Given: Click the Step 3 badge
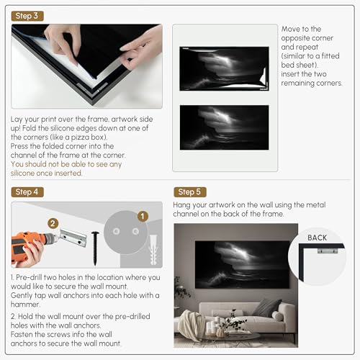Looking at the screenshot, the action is pos(27,16).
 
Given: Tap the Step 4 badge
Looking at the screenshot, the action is pos(27,192).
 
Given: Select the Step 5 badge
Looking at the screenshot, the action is pos(190,192).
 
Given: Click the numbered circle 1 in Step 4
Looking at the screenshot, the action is pos(143,216).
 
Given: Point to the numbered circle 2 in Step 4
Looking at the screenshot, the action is pos(53,223).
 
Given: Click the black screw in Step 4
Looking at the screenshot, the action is pos(95,248).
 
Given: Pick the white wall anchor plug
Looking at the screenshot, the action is pos(153,250).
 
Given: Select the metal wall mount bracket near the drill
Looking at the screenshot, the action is pos(73,238).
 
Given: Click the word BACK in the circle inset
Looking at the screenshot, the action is pos(318,238).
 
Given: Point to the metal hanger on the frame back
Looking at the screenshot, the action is pos(328,251).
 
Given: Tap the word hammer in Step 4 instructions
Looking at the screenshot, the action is pos(24,305).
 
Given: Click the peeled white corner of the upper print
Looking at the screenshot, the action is pos(264,76).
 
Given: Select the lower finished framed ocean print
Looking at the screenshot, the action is pos(225,127).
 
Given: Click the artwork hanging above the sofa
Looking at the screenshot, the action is pos(243,264).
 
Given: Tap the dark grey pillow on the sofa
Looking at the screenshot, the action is pos(266,307).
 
